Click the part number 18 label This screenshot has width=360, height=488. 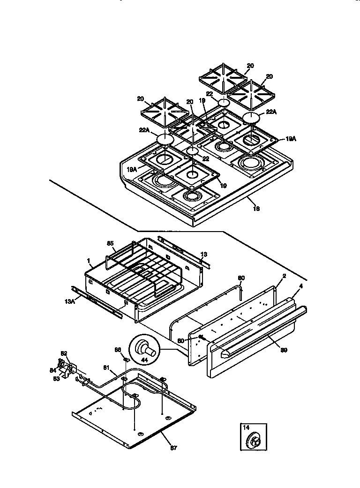tap(256, 208)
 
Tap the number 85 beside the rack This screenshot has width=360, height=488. tap(111, 244)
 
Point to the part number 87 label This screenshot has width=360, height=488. tap(173, 448)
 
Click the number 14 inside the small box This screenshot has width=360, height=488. tap(246, 428)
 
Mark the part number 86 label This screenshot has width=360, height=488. tap(118, 350)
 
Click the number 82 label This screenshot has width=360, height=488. tap(64, 353)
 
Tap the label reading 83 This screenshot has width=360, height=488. tap(57, 378)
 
